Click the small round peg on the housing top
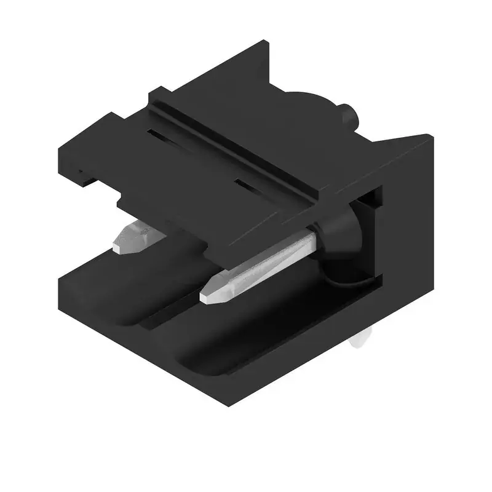tap(350, 115)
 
